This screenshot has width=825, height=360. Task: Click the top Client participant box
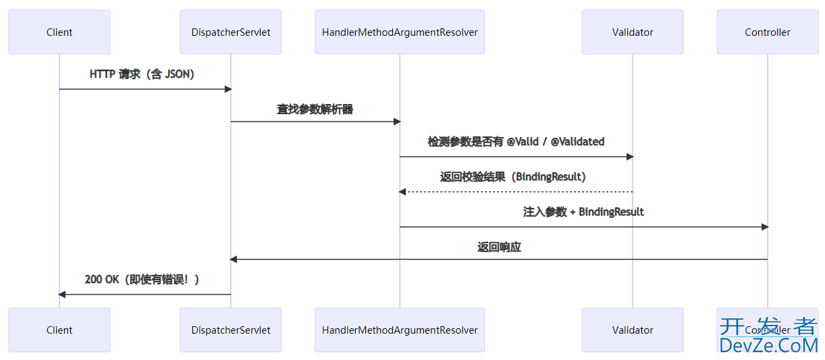(x=59, y=32)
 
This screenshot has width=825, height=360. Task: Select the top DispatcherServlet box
(x=231, y=32)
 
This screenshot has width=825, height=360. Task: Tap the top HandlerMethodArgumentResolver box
(x=400, y=32)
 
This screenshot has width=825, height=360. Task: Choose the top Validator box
(x=633, y=32)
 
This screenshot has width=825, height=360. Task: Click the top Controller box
(x=768, y=32)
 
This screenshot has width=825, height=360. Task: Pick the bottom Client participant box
(x=59, y=330)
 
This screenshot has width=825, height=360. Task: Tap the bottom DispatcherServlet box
(x=231, y=330)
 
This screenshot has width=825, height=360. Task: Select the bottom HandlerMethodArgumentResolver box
(x=400, y=330)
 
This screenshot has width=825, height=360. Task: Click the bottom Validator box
(x=633, y=330)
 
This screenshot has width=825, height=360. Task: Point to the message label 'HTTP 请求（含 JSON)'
(x=142, y=74)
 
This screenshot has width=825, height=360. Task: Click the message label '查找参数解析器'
(x=315, y=109)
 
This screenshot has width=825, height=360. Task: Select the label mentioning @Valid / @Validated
(x=516, y=142)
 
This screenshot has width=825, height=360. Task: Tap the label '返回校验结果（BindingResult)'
(x=513, y=177)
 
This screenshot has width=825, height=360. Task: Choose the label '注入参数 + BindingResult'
(x=583, y=212)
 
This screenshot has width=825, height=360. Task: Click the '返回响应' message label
(x=499, y=247)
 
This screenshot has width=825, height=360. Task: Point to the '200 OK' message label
(x=142, y=280)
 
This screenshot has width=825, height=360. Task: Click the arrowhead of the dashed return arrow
(x=402, y=192)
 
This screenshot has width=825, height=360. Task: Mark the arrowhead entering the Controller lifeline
(x=764, y=227)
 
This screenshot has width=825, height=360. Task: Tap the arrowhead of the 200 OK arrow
(x=62, y=294)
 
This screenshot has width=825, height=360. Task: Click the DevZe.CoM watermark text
(x=768, y=345)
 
